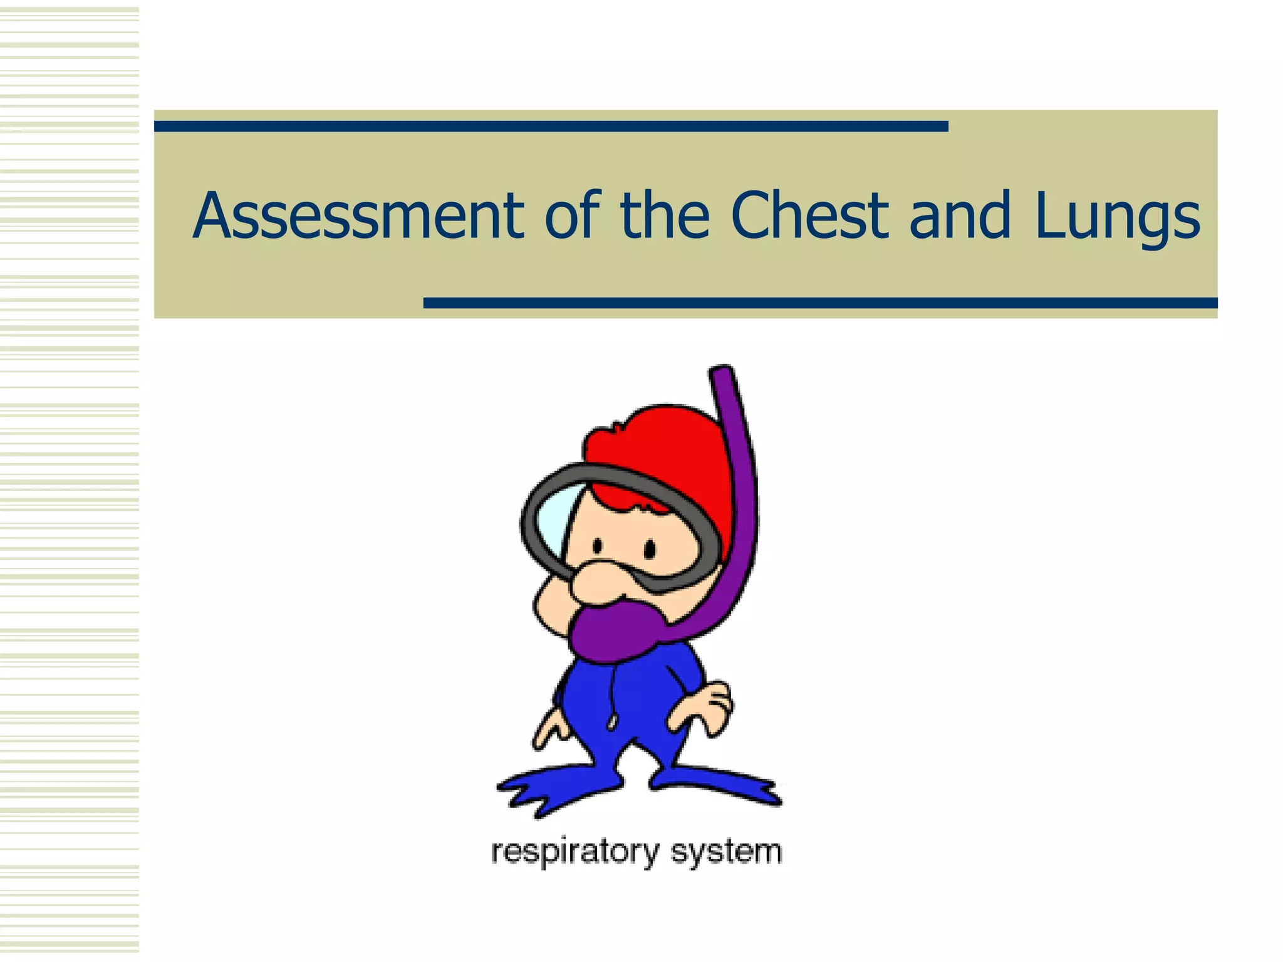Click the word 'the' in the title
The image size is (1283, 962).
(664, 216)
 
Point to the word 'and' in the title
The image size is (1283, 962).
(960, 216)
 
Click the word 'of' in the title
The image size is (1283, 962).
(573, 216)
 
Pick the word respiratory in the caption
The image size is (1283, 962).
(575, 852)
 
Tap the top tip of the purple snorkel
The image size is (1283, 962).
(722, 373)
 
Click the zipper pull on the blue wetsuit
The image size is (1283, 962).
(611, 723)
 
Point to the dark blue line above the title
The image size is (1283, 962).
(551, 127)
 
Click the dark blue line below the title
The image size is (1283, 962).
(821, 303)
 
